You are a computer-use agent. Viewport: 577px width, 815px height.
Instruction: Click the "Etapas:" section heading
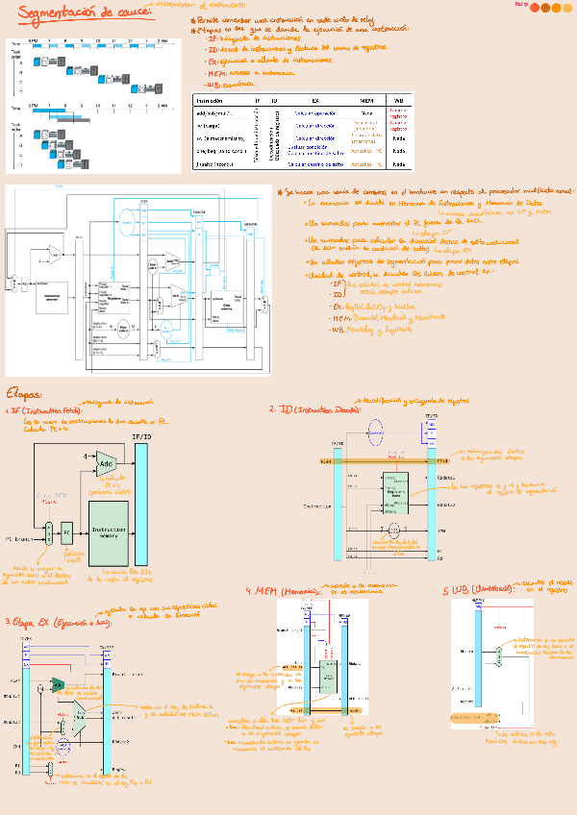pos(24,393)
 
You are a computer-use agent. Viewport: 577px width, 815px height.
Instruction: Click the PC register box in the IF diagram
pos(67,530)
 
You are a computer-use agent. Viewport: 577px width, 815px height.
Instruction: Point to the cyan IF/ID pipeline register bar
pos(142,510)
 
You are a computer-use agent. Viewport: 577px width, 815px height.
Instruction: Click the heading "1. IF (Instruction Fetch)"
pos(42,411)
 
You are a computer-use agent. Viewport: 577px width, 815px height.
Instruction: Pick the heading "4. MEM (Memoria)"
pos(285,590)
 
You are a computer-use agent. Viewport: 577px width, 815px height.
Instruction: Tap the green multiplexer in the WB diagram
pos(500,655)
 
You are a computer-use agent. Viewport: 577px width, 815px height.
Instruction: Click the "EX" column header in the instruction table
pos(314,100)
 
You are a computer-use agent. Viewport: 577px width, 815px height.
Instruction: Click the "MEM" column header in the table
pos(366,100)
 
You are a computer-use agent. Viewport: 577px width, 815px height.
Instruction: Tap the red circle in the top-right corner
pos(546,8)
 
